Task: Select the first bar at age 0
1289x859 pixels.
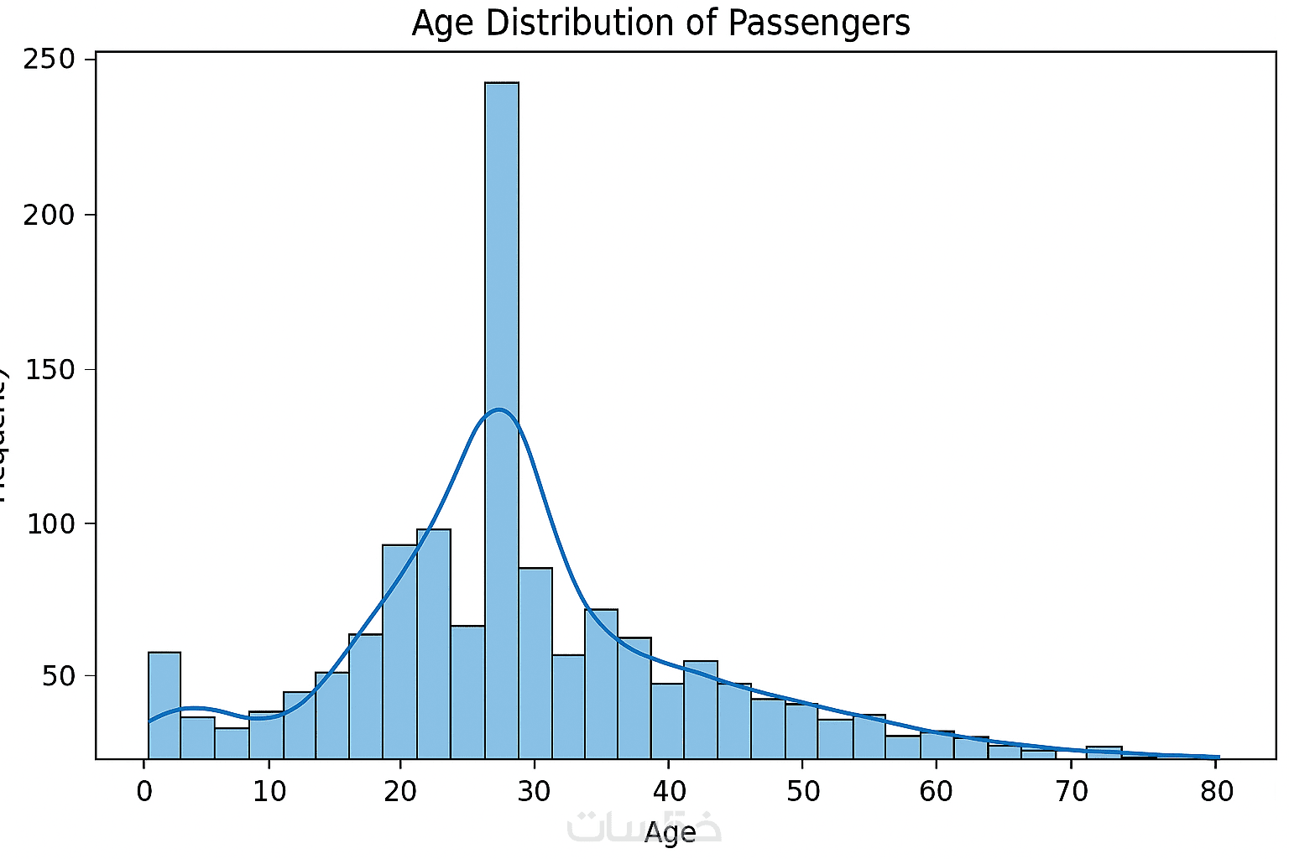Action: click(x=164, y=705)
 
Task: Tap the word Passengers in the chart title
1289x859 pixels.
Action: click(x=819, y=23)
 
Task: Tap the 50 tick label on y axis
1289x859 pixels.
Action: click(x=61, y=676)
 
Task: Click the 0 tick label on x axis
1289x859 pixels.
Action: click(x=145, y=791)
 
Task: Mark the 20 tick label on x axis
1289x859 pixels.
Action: click(x=400, y=791)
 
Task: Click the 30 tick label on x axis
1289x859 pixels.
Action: click(x=534, y=791)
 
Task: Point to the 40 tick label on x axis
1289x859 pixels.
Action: click(x=668, y=791)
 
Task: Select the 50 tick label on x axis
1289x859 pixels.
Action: click(x=802, y=791)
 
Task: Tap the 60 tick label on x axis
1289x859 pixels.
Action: click(x=936, y=791)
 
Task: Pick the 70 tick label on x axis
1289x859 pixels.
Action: click(x=1071, y=791)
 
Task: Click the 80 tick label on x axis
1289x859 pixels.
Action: click(x=1217, y=791)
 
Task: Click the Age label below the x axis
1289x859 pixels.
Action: click(x=670, y=833)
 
